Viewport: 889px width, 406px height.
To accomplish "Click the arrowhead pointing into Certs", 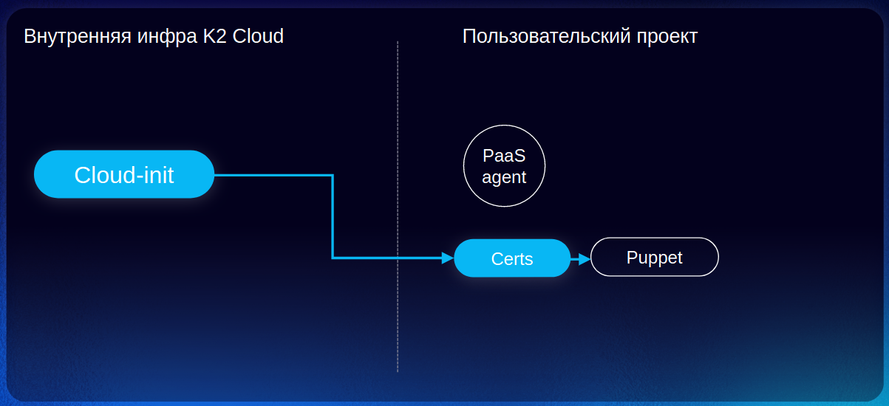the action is [447, 258].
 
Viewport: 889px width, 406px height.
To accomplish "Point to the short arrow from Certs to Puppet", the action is [580, 258].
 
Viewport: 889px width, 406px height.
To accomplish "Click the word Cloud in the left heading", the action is [259, 36].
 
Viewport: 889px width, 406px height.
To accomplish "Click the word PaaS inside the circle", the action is [504, 156].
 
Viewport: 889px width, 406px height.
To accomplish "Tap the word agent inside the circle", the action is [504, 177].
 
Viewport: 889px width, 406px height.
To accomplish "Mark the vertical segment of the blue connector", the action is [333, 218].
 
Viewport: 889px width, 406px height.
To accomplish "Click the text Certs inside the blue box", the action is [512, 259].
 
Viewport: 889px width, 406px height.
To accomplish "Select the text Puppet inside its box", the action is [654, 258].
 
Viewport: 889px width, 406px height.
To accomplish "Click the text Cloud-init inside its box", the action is [124, 175].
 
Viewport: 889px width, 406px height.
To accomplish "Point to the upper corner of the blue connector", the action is [333, 175].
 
